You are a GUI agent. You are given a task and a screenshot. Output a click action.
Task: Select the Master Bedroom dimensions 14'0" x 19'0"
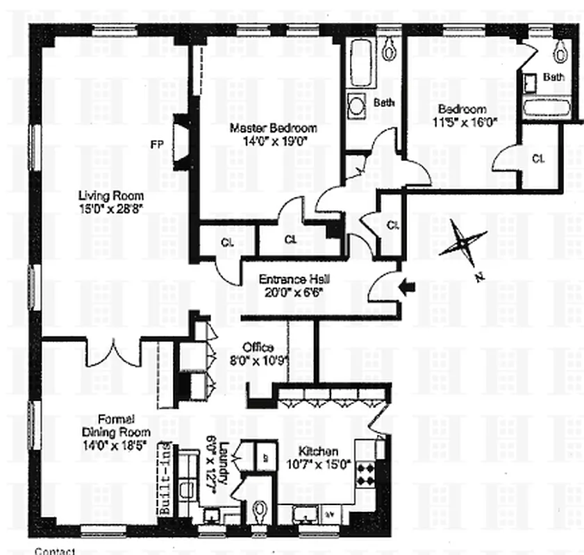(274, 141)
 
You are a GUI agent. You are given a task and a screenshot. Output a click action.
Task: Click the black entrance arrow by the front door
(409, 285)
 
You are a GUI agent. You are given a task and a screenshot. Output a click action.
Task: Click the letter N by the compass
(479, 277)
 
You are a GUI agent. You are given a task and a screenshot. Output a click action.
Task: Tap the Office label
(258, 347)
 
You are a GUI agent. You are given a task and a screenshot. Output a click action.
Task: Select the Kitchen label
(319, 451)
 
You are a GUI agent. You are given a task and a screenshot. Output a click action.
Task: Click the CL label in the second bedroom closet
(538, 158)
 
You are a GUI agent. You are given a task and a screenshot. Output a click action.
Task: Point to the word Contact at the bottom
(53, 551)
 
